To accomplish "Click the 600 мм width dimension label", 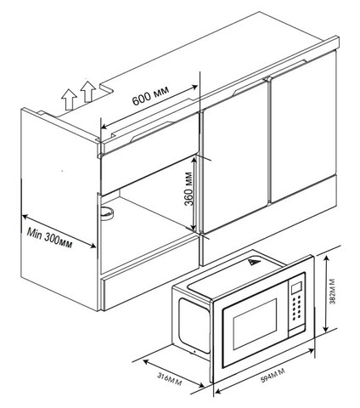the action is coord(150,95).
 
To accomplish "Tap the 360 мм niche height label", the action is coord(188,189).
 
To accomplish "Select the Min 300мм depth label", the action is coord(49,237).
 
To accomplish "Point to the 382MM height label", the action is coord(333,292).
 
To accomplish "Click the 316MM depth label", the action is coord(169,379).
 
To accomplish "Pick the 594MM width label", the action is coord(273,376).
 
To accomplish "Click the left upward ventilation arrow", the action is coord(69,99).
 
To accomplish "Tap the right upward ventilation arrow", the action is coord(88,92).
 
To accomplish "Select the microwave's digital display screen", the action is coord(296,287).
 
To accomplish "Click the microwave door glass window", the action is coord(255,324).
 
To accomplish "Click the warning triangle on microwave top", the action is coord(254,263).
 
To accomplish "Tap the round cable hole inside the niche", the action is coord(107,212).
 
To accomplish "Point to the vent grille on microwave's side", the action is coord(194,326).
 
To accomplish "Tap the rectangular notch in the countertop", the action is coord(106,88).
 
